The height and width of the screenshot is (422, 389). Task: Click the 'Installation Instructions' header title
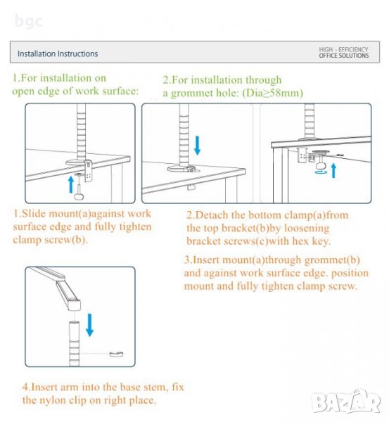coord(58,53)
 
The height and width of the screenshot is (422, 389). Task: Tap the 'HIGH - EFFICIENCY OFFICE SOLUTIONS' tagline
coord(344,53)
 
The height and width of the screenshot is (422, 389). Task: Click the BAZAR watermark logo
coord(347,402)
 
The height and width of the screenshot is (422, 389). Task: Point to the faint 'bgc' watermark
coord(28,21)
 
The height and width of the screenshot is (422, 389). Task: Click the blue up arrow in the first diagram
coord(71,184)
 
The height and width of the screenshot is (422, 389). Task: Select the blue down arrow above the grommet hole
coord(198,146)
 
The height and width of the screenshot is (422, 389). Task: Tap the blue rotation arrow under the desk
coord(321,172)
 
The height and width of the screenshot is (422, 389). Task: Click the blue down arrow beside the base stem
coord(89,325)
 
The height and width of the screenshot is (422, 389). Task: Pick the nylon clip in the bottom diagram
coord(116,354)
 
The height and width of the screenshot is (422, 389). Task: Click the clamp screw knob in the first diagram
coord(79,196)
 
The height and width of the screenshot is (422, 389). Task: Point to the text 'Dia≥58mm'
coord(273,93)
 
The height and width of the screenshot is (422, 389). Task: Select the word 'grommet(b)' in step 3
coord(332,260)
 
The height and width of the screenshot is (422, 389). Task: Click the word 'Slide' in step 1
coord(34,213)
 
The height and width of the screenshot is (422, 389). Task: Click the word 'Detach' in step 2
coord(212,215)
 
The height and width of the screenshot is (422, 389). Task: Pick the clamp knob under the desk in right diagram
coord(321,165)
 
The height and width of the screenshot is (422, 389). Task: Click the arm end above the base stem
coord(74,305)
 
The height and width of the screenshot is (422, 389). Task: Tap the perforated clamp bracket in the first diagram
coord(88,171)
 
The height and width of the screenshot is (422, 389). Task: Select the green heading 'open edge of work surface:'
coord(75,91)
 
